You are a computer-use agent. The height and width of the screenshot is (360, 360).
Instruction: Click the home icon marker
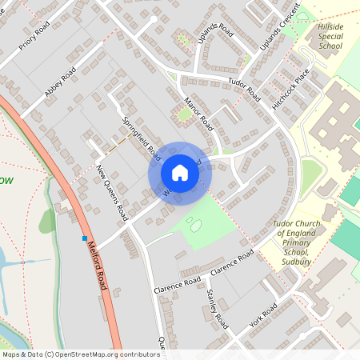pyautogui.click(x=180, y=173)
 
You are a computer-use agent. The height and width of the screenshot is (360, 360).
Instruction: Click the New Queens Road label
pyautogui.click(x=112, y=194)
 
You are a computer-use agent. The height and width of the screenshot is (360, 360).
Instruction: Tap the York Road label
pyautogui.click(x=262, y=314)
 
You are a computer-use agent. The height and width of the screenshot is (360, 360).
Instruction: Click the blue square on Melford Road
pyautogui.click(x=84, y=238)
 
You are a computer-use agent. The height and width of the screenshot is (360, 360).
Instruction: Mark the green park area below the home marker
pyautogui.click(x=204, y=220)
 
